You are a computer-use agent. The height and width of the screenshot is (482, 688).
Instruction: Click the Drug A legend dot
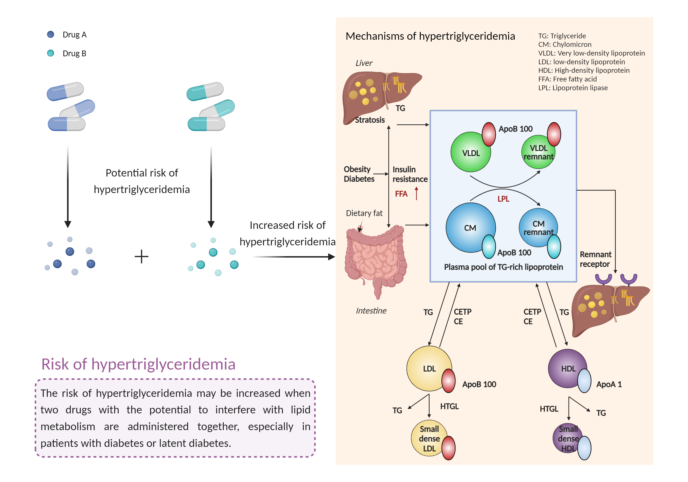click(50, 34)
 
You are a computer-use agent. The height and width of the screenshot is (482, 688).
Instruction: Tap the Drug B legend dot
click(50, 53)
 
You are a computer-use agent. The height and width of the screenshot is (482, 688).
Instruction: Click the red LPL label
click(503, 199)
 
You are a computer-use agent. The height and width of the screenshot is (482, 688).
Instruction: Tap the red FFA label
click(401, 194)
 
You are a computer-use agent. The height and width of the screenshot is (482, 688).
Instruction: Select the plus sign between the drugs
click(141, 257)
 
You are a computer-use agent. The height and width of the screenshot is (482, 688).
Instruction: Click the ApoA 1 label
click(609, 384)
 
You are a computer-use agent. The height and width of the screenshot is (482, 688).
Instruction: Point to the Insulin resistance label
click(410, 174)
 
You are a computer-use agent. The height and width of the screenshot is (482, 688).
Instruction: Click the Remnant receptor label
click(595, 259)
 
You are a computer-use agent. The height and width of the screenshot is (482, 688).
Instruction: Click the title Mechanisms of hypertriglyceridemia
click(430, 36)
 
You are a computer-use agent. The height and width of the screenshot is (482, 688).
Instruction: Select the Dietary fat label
click(364, 213)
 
